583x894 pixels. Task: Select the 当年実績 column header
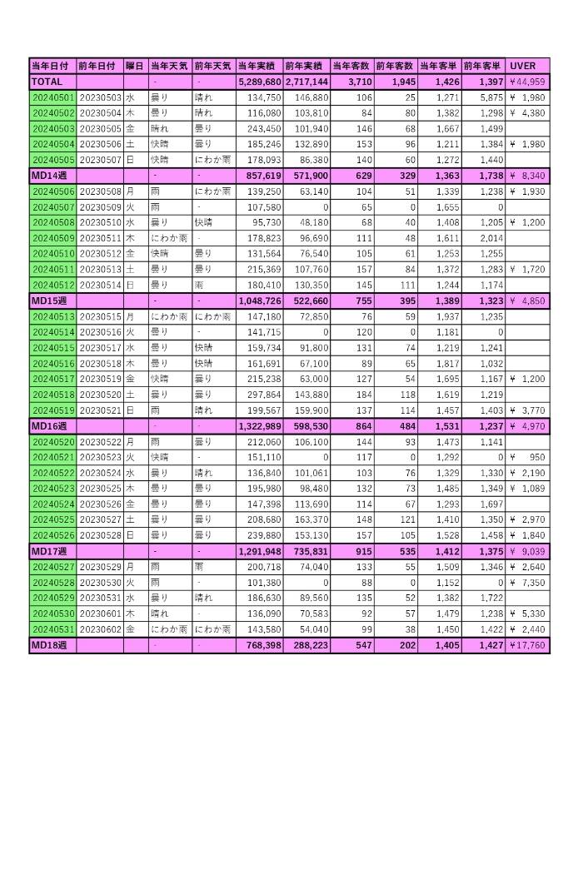259,66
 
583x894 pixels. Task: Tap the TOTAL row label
46,82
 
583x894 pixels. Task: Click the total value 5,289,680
260,82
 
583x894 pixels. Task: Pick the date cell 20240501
52,97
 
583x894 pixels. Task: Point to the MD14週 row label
48,176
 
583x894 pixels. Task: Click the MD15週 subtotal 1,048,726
260,300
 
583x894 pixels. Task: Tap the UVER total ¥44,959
527,82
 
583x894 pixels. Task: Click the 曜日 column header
134,66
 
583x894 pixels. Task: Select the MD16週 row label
48,425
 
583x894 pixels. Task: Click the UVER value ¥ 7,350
527,583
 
